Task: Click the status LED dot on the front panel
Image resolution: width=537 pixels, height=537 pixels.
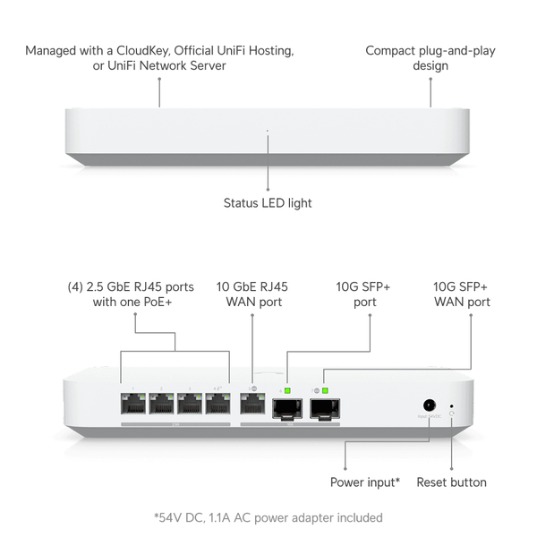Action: tap(268, 132)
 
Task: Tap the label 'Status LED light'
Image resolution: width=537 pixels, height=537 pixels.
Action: tap(268, 203)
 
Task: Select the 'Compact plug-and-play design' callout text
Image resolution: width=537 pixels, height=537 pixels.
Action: tap(430, 57)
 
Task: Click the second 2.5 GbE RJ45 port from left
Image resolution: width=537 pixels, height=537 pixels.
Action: tap(162, 403)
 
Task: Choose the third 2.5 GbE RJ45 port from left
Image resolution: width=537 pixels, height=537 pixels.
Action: tap(190, 403)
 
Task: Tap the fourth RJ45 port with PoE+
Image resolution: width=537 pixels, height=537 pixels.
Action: tap(217, 403)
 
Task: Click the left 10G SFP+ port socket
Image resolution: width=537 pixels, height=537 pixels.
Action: tap(286, 409)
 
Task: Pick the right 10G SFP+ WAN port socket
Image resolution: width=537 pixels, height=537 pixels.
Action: tap(323, 409)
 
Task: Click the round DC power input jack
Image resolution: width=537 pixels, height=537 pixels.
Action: tap(429, 405)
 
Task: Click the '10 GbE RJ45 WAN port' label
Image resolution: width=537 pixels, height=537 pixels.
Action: tap(252, 294)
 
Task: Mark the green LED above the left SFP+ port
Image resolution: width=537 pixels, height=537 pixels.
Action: tap(287, 390)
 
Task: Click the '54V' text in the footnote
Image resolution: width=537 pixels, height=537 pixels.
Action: tap(170, 517)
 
